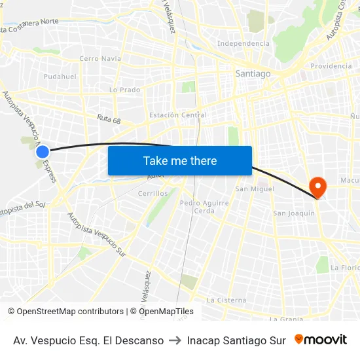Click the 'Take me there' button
[x=180, y=160]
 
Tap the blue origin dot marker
[x=43, y=152]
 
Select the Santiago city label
[x=253, y=74]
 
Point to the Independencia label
[x=243, y=43]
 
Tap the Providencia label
[x=331, y=66]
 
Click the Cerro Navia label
[x=100, y=58]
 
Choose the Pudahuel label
[x=60, y=77]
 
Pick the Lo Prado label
[x=124, y=90]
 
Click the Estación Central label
[x=178, y=115]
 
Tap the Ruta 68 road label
[x=109, y=120]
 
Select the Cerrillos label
[x=153, y=194]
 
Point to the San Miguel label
[x=255, y=189]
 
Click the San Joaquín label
[x=293, y=213]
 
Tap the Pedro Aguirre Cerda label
[x=204, y=207]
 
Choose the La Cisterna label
[x=226, y=300]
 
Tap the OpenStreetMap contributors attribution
[x=65, y=312]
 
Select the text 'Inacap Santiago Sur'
[x=236, y=340]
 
